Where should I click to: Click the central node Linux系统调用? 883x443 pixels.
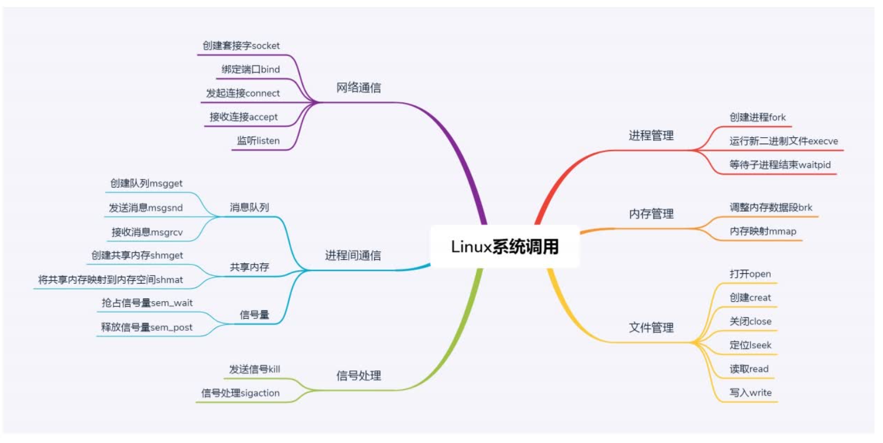coord(505,247)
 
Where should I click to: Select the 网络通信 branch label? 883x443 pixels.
coord(359,88)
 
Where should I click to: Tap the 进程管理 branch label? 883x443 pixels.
coord(651,136)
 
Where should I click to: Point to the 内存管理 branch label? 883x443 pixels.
coord(651,214)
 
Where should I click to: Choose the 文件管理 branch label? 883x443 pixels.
coord(651,328)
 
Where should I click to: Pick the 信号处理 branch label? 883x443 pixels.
coord(359,376)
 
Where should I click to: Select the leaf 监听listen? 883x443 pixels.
coord(258,140)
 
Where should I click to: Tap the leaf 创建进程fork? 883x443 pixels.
coord(757,117)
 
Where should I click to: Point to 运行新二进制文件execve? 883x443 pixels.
coord(784,141)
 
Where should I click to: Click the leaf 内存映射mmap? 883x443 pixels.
coord(763,231)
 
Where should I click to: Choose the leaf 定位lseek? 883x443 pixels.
coord(750,345)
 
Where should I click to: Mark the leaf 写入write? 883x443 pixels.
coord(750,392)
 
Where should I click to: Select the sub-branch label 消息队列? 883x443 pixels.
coord(250,207)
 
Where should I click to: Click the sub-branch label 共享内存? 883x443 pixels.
coord(250,267)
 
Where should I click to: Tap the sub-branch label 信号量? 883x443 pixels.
coord(254,315)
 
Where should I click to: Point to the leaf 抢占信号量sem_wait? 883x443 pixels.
coord(147,303)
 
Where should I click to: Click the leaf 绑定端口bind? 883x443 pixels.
coord(251,69)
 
